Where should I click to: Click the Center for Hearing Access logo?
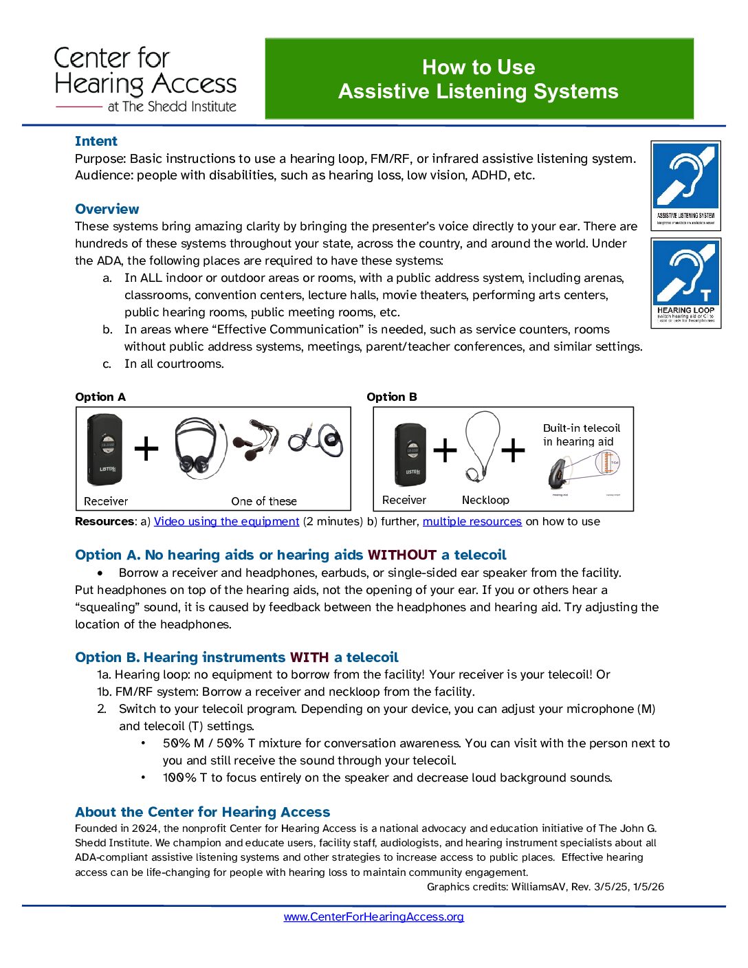[x=145, y=80]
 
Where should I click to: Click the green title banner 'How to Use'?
[x=478, y=79]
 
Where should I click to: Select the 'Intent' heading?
[x=96, y=141]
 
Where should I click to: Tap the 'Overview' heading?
[x=107, y=209]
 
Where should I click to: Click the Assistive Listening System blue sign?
[x=685, y=185]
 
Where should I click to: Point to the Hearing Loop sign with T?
[x=685, y=283]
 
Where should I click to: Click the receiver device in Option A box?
[x=104, y=449]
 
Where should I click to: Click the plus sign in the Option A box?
[x=146, y=449]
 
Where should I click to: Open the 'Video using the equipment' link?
[x=226, y=521]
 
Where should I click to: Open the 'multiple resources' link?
[x=472, y=521]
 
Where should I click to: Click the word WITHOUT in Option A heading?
[x=402, y=555]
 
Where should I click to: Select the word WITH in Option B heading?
[x=309, y=657]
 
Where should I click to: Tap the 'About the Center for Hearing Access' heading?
[x=202, y=812]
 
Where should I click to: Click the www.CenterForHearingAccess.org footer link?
[x=373, y=916]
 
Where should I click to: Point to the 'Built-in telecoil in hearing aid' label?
[x=581, y=434]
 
